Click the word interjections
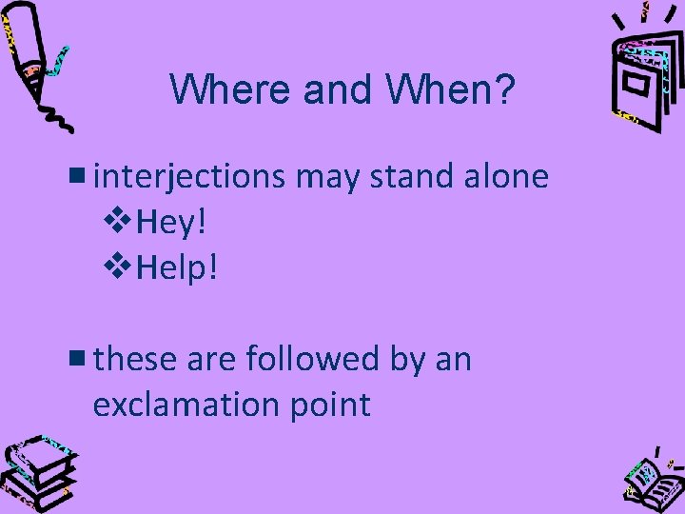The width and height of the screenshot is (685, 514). click(190, 176)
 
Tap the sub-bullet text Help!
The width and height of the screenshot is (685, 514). click(178, 268)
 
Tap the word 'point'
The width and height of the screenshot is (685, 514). click(332, 405)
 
